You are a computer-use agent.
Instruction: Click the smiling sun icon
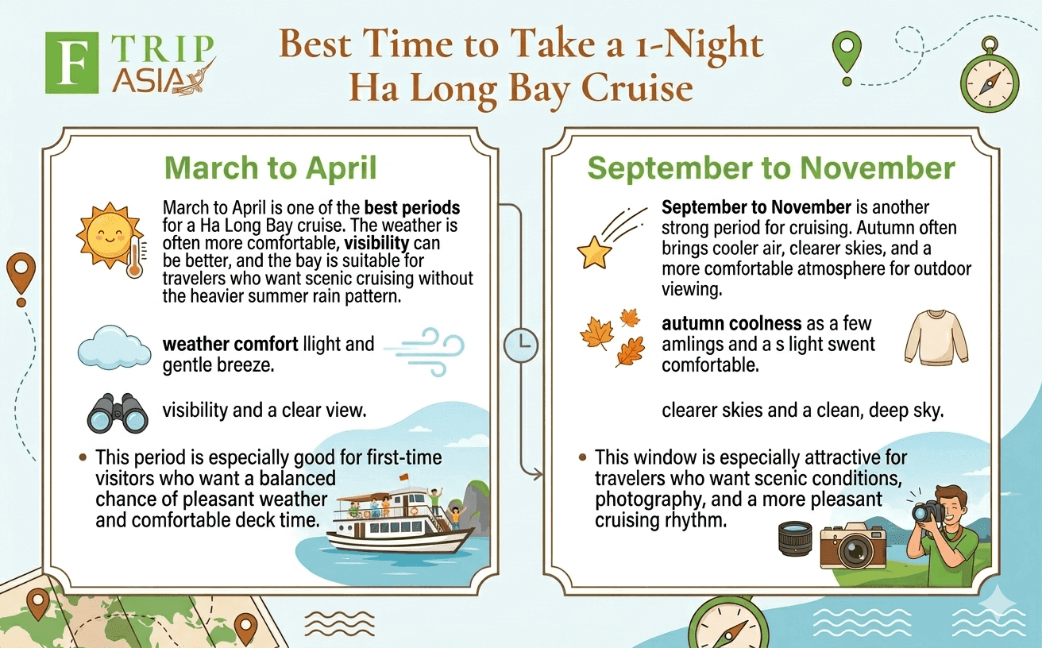click(x=109, y=235)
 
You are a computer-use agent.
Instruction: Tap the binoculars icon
click(x=118, y=414)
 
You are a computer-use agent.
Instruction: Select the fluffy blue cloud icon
click(x=114, y=348)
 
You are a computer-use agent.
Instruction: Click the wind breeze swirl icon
click(x=424, y=352)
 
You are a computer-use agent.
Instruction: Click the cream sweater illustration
click(x=936, y=337)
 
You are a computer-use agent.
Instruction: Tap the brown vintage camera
click(x=853, y=546)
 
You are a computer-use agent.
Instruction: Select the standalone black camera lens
click(x=796, y=538)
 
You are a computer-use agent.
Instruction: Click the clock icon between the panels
click(x=521, y=345)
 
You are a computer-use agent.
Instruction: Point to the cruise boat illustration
click(x=400, y=520)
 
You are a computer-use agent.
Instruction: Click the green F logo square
click(x=71, y=63)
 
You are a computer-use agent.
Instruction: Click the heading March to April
click(x=270, y=168)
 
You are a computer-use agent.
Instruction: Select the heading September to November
click(x=771, y=168)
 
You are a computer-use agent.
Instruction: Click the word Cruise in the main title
click(x=637, y=88)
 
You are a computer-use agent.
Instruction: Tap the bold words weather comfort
click(x=230, y=344)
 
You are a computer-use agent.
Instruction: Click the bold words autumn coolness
click(x=731, y=323)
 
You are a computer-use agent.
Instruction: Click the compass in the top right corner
click(x=990, y=79)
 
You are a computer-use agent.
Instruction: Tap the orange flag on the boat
click(x=403, y=477)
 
